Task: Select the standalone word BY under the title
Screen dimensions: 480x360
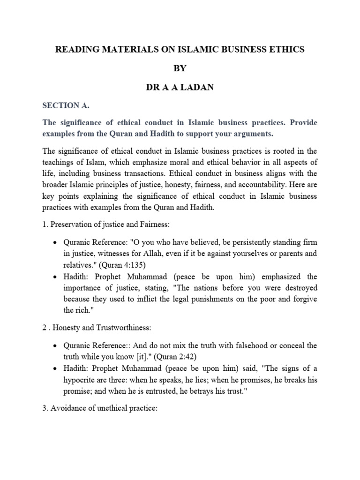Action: point(180,68)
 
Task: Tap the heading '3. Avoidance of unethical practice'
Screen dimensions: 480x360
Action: point(100,408)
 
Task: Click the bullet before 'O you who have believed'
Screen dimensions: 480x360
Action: point(56,243)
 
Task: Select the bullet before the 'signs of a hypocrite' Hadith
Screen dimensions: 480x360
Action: point(56,368)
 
